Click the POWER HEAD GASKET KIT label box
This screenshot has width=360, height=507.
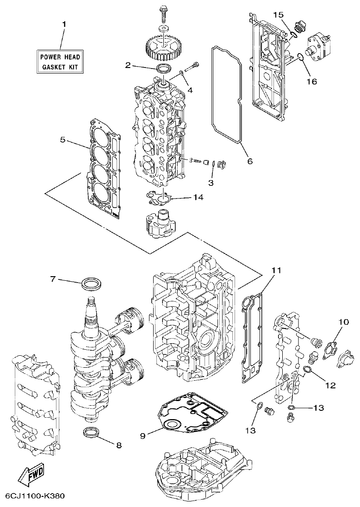[60, 62]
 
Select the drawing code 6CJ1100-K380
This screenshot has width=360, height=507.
[35, 496]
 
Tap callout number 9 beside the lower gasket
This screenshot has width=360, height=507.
[143, 436]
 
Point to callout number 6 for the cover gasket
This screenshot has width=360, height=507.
[249, 161]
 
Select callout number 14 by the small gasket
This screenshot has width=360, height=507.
[198, 197]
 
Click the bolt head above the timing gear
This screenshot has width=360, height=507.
[164, 9]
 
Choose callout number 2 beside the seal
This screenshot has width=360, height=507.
[128, 65]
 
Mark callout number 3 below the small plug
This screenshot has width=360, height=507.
[211, 183]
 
